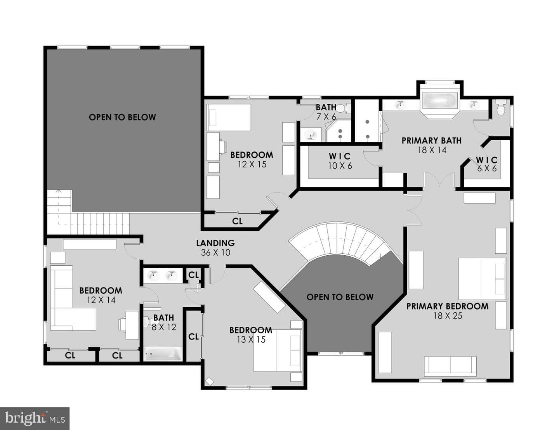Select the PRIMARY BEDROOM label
[447, 306]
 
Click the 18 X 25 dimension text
[448, 316]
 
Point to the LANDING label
[215, 243]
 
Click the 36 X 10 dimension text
[215, 252]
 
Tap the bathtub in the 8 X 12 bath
[163, 354]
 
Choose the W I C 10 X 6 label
[340, 161]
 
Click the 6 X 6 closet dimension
[487, 169]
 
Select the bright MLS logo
[35, 418]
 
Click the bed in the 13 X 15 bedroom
[277, 350]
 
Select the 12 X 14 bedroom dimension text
[101, 300]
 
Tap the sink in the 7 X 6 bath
[311, 134]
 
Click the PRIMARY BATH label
[432, 141]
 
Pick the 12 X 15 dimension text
[252, 164]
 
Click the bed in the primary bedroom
[482, 279]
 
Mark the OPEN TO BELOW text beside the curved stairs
[340, 297]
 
